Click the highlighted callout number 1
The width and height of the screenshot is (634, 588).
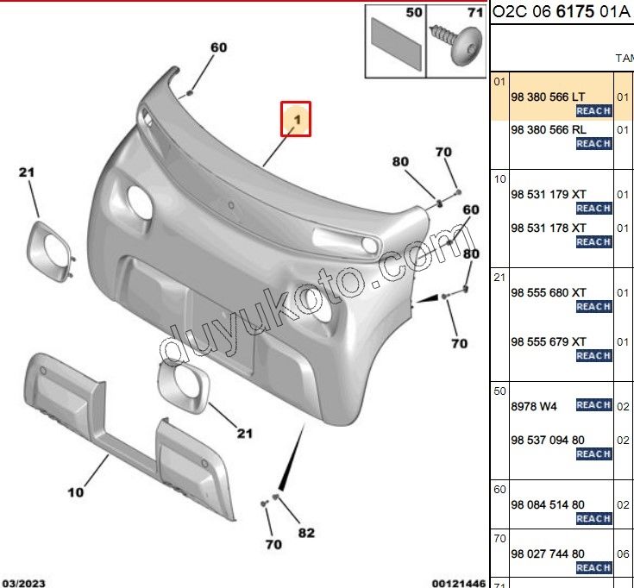click(x=297, y=120)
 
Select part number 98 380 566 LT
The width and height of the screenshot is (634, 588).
click(x=548, y=97)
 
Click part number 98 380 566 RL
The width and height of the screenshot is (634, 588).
click(x=548, y=129)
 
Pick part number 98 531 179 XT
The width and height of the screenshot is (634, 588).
click(x=548, y=194)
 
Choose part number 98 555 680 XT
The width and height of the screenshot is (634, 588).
click(x=548, y=292)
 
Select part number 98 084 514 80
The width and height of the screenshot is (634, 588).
click(x=548, y=504)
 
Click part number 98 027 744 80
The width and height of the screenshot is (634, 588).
click(x=548, y=554)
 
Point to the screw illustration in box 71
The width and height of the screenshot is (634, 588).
click(x=457, y=44)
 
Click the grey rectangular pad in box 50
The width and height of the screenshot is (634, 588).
click(x=395, y=44)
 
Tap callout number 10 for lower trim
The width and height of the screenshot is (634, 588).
click(x=76, y=492)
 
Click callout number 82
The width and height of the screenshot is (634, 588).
click(x=306, y=533)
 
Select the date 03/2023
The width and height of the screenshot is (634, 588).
click(x=22, y=583)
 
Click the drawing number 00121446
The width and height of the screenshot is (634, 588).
click(x=459, y=583)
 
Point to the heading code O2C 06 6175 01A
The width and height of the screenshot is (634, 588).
click(x=562, y=12)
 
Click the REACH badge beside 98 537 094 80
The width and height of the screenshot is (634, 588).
click(x=593, y=454)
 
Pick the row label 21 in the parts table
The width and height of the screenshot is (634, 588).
click(x=499, y=278)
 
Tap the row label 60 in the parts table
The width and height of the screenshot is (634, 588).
click(x=499, y=490)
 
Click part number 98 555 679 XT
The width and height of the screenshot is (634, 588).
click(x=548, y=342)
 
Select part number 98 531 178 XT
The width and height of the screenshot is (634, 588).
click(x=548, y=228)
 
